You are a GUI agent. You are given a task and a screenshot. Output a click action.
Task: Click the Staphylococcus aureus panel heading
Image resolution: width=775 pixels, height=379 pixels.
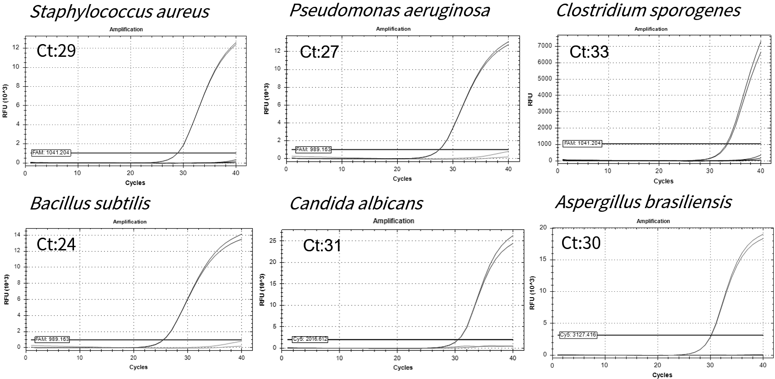[119, 11]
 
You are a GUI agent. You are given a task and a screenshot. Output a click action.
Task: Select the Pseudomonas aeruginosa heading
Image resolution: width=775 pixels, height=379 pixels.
[390, 10]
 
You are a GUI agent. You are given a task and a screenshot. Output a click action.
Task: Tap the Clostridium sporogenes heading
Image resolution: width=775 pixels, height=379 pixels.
[648, 10]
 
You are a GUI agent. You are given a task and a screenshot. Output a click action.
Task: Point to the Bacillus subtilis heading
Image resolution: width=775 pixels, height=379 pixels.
[90, 203]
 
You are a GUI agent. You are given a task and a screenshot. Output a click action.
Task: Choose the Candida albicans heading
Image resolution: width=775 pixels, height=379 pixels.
[356, 203]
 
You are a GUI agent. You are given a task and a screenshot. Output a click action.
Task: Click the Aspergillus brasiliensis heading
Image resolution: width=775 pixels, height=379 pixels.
[643, 202]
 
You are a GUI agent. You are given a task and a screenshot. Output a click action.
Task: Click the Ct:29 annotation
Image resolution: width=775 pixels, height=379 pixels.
[56, 51]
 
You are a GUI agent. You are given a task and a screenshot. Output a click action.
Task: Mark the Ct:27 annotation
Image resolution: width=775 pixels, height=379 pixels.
[319, 52]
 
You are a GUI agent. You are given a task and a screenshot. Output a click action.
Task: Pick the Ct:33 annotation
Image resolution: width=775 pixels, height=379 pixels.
[589, 52]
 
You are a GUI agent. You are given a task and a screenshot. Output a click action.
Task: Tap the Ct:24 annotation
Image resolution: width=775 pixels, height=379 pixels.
[56, 244]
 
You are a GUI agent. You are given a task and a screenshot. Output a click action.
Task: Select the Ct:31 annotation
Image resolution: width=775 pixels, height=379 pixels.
[322, 245]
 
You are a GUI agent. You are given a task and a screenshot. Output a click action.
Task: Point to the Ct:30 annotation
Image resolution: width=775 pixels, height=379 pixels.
[581, 243]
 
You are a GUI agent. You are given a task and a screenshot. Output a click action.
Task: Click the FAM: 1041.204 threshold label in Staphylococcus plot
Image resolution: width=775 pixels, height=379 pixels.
[51, 153]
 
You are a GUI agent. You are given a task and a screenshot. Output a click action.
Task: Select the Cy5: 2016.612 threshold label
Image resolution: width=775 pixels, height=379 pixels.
[310, 339]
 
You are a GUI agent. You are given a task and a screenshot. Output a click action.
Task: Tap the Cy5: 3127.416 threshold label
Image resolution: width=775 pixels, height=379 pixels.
[578, 335]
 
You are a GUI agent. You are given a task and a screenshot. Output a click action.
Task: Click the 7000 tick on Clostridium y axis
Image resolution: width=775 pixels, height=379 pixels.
[544, 46]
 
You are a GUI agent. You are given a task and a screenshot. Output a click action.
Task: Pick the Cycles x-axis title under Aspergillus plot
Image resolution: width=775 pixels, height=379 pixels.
[662, 375]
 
